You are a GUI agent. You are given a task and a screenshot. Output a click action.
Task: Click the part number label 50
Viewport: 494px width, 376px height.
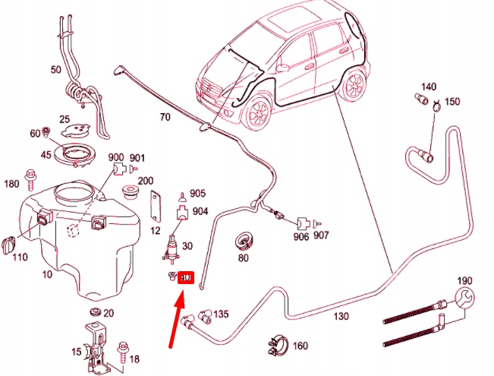pyautogui.click(x=55, y=70)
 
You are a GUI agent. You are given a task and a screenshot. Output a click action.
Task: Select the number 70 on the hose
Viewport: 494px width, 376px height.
pyautogui.click(x=165, y=117)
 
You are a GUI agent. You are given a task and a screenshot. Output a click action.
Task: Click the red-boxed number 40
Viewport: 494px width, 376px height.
pyautogui.click(x=187, y=278)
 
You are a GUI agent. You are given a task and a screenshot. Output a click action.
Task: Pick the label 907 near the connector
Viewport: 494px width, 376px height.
pyautogui.click(x=322, y=235)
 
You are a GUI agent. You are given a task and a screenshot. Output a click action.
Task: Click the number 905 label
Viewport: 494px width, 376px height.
pyautogui.click(x=197, y=194)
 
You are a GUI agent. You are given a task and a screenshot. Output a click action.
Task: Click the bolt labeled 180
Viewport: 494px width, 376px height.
pyautogui.click(x=30, y=179)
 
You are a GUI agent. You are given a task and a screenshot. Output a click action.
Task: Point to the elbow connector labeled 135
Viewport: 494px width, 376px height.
pyautogui.click(x=205, y=313)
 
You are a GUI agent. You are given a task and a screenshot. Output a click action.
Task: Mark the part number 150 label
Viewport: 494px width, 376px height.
pyautogui.click(x=452, y=102)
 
